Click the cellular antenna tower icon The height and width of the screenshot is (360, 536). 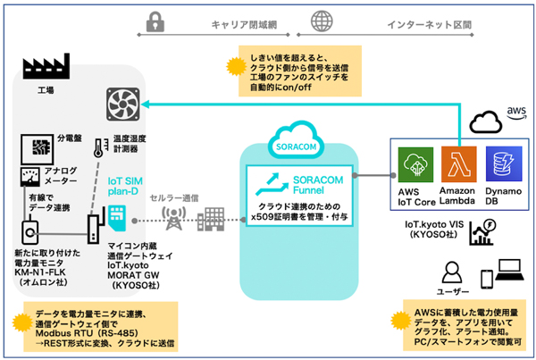(172, 216)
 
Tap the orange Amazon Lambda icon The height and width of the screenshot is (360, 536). (458, 166)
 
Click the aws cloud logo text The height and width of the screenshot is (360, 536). (515, 110)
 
